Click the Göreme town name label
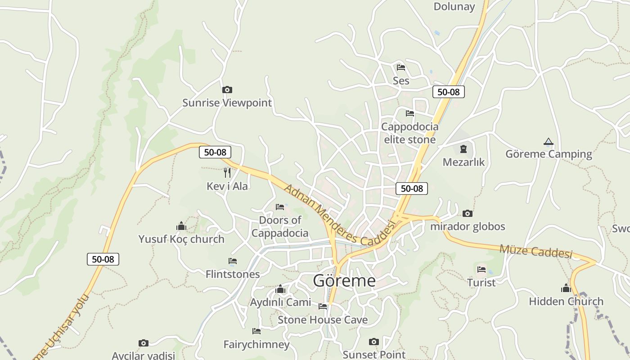coord(344,280)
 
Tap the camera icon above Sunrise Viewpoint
coord(227,90)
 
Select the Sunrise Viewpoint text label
coord(227,103)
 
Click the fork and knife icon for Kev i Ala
coord(227,172)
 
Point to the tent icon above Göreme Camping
coord(548,142)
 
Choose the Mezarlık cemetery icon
coord(463,149)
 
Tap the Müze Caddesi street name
coord(535,251)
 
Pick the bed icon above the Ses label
coord(401,67)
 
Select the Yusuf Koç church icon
coord(181,226)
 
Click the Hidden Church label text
coord(566,301)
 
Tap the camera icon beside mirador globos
coord(468,213)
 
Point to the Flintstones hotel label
coord(233,274)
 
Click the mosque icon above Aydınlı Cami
coord(280,289)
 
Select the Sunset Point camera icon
coord(374,342)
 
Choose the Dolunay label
coord(454,6)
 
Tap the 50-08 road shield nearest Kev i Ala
coord(215,152)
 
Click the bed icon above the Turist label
coord(481,270)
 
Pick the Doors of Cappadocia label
coord(280,226)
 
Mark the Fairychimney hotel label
coord(256,345)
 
